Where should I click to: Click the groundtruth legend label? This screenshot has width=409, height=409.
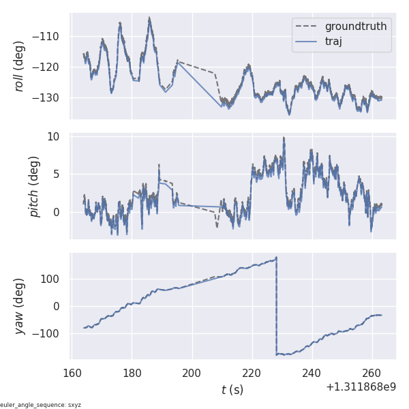[x=356, y=27]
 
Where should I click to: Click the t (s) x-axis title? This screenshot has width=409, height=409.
[x=232, y=390]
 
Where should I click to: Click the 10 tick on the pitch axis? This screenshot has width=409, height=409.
[x=54, y=136]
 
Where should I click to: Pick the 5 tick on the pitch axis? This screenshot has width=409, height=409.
[x=57, y=174]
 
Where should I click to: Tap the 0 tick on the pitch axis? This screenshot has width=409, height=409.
[x=57, y=212]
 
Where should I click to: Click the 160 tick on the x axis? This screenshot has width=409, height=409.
[x=72, y=373]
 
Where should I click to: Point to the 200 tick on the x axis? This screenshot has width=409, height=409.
[x=192, y=373]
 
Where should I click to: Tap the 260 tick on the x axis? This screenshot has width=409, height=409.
[x=373, y=373]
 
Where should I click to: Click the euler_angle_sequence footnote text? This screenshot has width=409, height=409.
[x=41, y=405]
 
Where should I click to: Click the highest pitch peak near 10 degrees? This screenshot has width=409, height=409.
[x=284, y=138]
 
